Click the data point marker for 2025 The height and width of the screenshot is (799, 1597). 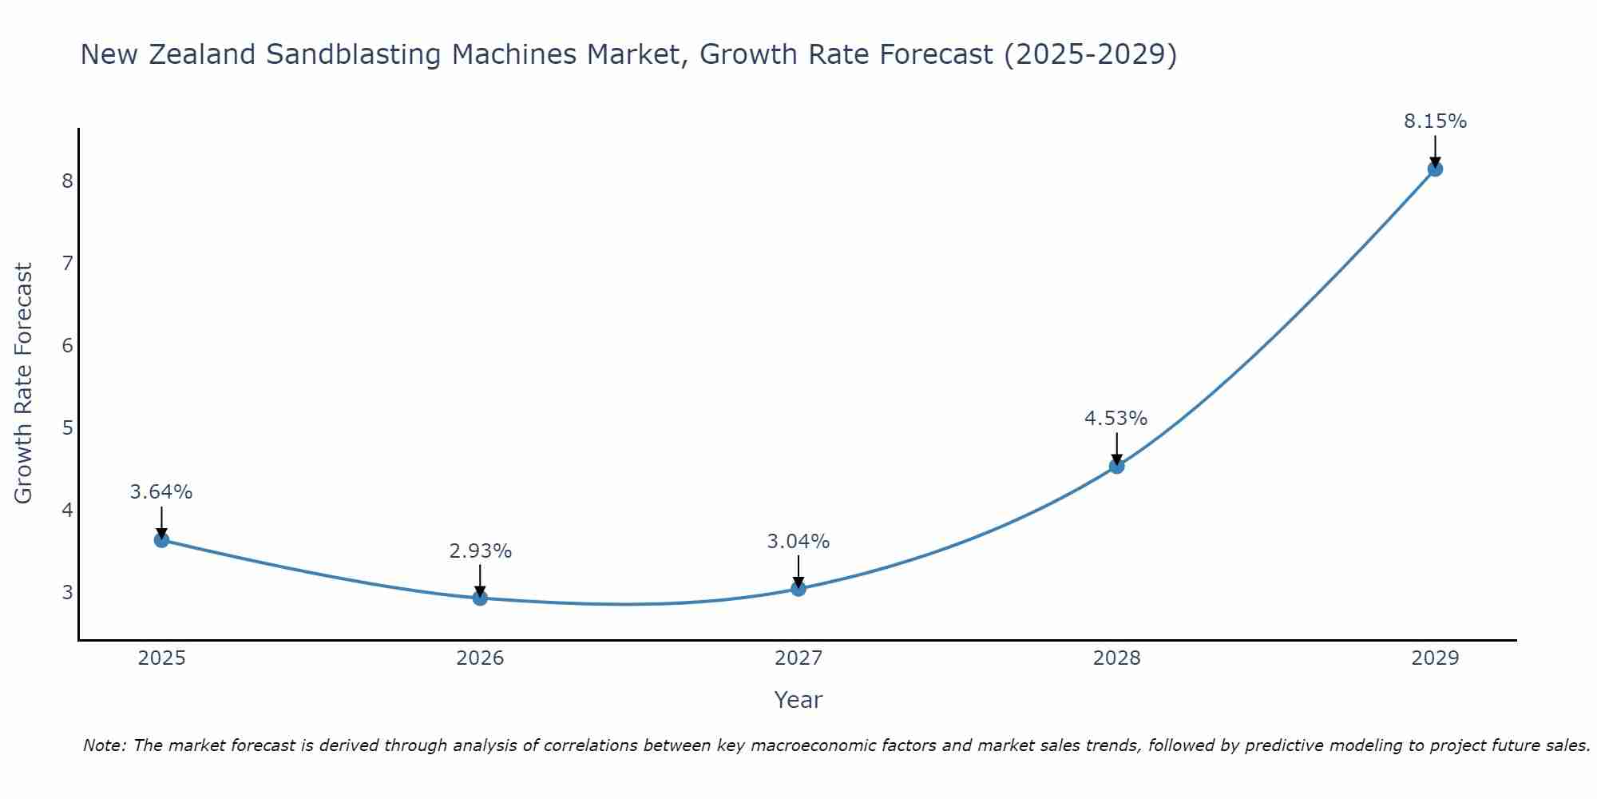[161, 540]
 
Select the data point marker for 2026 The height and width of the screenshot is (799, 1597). [480, 598]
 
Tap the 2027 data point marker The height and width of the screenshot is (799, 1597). [798, 589]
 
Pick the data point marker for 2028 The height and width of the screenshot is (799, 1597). [1117, 466]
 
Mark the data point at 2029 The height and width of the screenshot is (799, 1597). [1435, 169]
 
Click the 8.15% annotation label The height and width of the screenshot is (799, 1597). [1435, 121]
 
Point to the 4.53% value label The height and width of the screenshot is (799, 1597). [1116, 419]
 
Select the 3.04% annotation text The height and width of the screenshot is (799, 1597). [798, 542]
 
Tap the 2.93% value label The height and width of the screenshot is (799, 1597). [480, 551]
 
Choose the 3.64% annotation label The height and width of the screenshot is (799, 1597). [161, 492]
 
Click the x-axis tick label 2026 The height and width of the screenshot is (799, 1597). [480, 658]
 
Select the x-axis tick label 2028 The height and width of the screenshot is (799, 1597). [1117, 658]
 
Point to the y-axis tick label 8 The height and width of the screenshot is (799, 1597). [67, 181]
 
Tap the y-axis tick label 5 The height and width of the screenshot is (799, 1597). [67, 428]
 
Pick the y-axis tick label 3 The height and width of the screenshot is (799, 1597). [67, 593]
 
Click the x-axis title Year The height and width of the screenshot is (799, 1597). [798, 700]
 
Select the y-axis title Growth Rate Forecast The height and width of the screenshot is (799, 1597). [24, 384]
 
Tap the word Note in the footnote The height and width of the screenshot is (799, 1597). [104, 745]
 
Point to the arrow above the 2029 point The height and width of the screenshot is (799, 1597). [1435, 150]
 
